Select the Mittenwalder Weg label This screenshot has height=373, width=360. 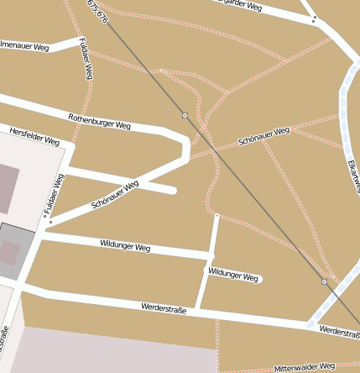tap(304, 367)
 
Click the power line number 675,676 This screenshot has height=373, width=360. tap(97, 11)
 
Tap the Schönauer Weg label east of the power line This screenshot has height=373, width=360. tap(263, 134)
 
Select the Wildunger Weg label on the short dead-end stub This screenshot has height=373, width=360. tap(232, 275)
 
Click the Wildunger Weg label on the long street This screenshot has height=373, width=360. tap(124, 246)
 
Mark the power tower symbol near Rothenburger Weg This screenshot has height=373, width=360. tap(185, 114)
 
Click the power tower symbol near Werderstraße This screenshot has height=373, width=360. tap(325, 282)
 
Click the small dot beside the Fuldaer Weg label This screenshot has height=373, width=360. tap(49, 222)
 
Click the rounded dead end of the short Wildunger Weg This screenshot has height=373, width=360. tap(258, 278)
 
